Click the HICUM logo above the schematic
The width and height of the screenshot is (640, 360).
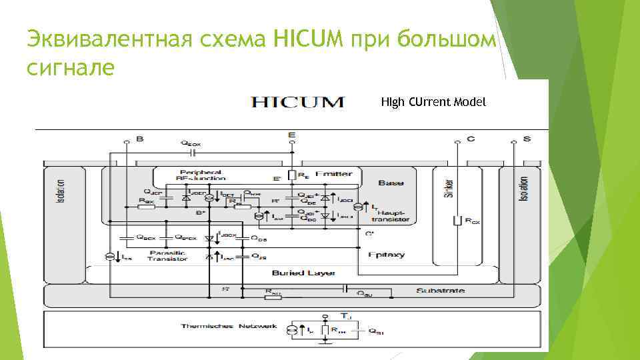tap(297, 102)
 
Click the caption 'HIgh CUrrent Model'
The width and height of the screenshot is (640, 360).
tap(434, 102)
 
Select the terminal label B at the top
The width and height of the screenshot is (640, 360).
tap(139, 139)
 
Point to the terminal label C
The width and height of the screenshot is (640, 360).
tap(470, 139)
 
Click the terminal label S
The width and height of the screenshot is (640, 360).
tap(527, 139)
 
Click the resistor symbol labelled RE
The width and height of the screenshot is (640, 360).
tap(291, 176)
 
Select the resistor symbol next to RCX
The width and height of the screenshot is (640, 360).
tap(457, 221)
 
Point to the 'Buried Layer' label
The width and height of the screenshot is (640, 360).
tap(303, 273)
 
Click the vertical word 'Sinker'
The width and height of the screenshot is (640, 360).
tap(451, 191)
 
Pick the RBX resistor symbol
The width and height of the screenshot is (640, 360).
tap(147, 206)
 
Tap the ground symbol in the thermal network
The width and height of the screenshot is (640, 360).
tap(325, 343)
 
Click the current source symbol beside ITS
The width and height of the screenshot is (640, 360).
tap(109, 256)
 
